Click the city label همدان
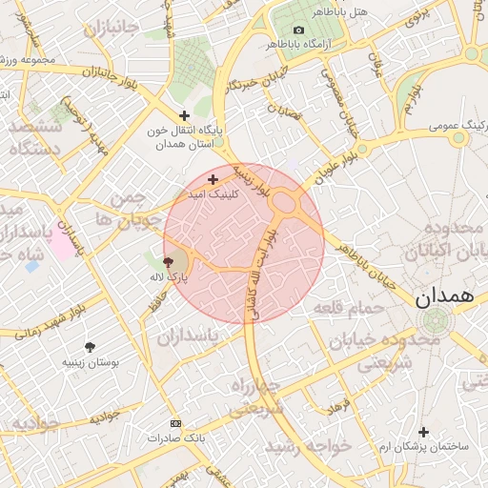tap(444, 296)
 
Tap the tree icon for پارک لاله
tap(169, 261)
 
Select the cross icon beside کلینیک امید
tap(213, 179)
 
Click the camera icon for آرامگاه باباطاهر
tap(299, 30)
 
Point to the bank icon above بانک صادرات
tap(174, 422)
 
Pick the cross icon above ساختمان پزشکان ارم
tap(424, 432)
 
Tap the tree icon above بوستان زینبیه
tap(90, 348)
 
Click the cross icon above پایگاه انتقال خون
tap(185, 115)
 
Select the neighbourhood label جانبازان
tap(112, 30)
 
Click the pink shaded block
tap(60, 244)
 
